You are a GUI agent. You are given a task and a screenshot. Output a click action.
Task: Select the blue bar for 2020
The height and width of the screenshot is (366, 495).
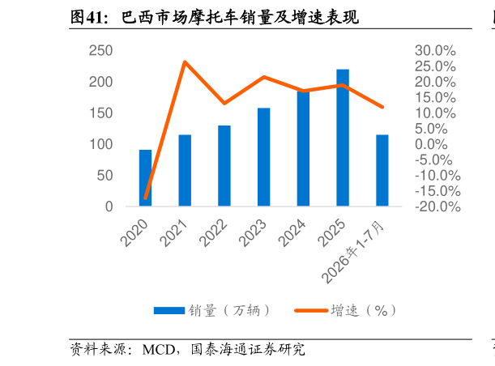point(146,178)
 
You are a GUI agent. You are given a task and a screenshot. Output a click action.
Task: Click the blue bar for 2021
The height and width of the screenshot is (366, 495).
point(185,170)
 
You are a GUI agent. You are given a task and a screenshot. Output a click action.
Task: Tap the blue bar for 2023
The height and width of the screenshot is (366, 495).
point(264,157)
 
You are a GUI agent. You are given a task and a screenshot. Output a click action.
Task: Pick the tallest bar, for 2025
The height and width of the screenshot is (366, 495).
point(343,138)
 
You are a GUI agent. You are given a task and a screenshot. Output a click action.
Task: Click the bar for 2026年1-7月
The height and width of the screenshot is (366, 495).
point(382,170)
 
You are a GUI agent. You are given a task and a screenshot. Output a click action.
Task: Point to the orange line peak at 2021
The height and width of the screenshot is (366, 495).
point(185,62)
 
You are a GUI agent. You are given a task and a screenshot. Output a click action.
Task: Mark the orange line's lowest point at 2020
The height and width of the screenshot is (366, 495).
point(146,198)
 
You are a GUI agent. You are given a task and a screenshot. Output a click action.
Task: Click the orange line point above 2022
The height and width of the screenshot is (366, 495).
point(224,103)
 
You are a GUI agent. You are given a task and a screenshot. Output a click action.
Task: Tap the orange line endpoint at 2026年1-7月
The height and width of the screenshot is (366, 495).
point(382,107)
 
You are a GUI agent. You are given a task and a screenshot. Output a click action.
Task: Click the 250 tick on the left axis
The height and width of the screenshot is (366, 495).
point(100,50)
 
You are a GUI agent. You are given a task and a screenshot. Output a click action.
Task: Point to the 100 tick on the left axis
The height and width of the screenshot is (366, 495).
point(101,144)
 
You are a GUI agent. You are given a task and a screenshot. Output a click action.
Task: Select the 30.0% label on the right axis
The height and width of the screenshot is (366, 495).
point(435,50)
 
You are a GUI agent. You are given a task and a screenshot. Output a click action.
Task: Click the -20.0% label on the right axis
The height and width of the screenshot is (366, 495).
point(437,206)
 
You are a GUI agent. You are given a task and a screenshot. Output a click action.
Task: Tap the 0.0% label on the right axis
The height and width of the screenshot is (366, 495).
point(431,144)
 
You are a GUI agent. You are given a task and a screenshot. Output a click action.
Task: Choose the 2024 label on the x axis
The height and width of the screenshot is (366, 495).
point(292,233)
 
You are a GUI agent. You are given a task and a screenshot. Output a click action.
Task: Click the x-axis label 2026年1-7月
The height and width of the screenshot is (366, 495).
point(352,252)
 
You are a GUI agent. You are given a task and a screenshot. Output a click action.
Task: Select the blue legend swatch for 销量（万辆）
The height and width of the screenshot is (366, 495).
point(169,310)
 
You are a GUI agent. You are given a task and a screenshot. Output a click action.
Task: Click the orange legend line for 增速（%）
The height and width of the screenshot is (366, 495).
point(311,310)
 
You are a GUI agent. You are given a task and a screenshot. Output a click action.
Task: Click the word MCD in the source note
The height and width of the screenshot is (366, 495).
point(159,350)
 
